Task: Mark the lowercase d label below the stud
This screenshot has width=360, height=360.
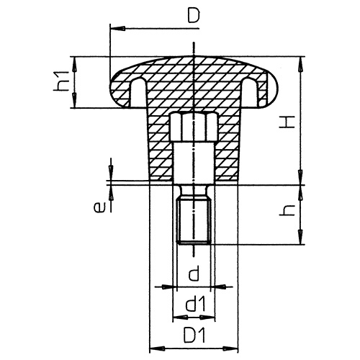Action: click(192, 273)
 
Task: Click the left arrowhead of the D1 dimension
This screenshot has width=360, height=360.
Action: click(153, 348)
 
